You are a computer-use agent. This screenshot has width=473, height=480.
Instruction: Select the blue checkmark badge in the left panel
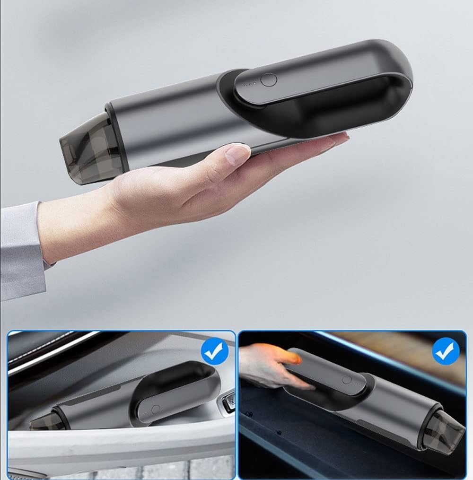[x=214, y=351]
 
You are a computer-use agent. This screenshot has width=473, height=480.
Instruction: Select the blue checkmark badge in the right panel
[x=446, y=351]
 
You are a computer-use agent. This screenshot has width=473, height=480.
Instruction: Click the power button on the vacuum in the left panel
[x=156, y=409]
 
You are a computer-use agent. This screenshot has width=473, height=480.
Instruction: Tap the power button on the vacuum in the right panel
[x=347, y=379]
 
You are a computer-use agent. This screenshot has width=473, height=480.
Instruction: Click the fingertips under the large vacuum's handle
[x=331, y=140]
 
